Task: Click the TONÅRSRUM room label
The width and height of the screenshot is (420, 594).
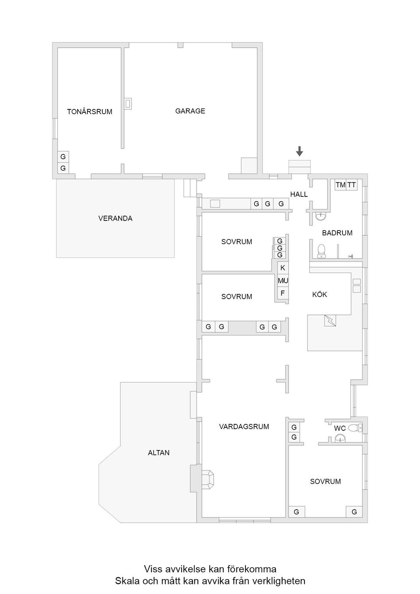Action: [90, 112]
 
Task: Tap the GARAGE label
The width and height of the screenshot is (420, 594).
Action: [190, 111]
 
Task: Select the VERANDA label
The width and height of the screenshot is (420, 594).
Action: [115, 218]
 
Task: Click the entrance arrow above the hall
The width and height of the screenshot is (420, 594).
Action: [299, 151]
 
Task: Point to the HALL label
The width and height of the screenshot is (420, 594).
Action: [299, 194]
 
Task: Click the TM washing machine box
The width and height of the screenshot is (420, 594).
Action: [340, 185]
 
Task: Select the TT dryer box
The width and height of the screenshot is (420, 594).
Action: [352, 185]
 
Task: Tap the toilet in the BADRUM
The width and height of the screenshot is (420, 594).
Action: [322, 250]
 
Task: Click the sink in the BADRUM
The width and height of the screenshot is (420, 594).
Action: [321, 216]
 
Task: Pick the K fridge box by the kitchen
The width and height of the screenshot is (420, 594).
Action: [283, 268]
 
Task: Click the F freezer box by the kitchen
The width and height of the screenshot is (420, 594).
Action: [283, 293]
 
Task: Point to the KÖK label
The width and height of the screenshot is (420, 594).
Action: [319, 295]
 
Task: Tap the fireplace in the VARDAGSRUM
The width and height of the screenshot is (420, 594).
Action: [207, 479]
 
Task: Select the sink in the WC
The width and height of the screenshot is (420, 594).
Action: [340, 439]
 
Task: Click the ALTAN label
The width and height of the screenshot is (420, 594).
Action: [158, 453]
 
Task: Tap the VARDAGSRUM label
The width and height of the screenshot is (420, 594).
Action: [244, 426]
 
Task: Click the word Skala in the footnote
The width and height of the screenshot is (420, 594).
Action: [126, 581]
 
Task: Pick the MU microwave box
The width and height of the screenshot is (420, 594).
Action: [283, 280]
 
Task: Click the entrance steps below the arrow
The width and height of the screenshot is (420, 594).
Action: [299, 167]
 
